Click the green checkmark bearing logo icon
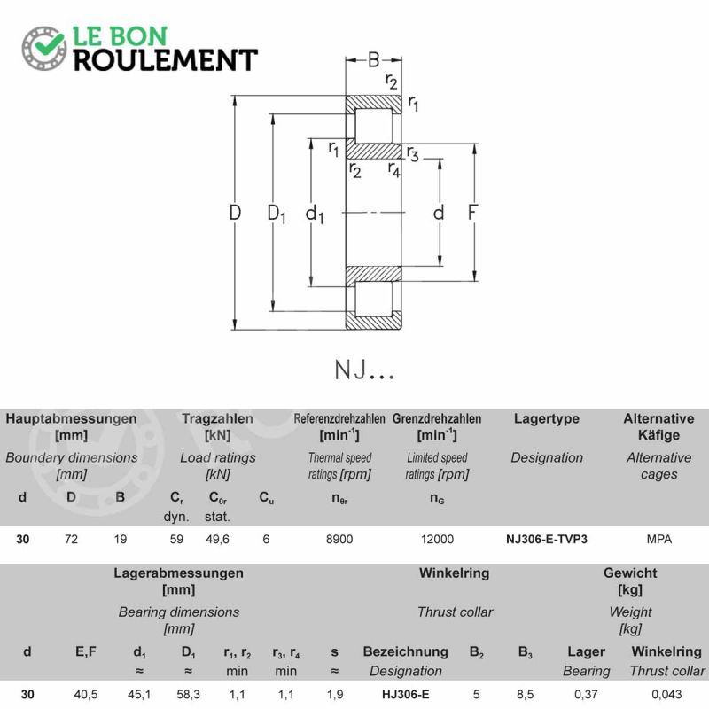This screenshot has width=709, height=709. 44,48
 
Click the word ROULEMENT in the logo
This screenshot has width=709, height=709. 166,60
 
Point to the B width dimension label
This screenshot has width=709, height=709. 373,59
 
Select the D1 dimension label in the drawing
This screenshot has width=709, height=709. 277,214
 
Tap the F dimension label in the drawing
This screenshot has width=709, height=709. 472,213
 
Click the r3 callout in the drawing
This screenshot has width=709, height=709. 412,154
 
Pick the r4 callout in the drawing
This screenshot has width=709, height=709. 393,170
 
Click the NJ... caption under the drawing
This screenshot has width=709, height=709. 364,370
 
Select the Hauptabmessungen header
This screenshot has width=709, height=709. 71,418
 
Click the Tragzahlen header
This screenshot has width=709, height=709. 217,418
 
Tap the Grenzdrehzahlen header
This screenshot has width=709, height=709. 437,418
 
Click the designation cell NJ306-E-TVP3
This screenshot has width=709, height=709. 547,539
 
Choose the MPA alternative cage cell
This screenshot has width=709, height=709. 658,539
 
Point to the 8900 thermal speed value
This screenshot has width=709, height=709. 339,539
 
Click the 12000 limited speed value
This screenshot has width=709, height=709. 437,539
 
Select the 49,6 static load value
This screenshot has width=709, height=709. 217,540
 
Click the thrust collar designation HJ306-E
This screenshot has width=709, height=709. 406,694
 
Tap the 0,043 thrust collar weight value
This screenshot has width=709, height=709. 667,694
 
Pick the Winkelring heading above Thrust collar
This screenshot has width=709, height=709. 455,573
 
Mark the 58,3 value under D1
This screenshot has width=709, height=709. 189,694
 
